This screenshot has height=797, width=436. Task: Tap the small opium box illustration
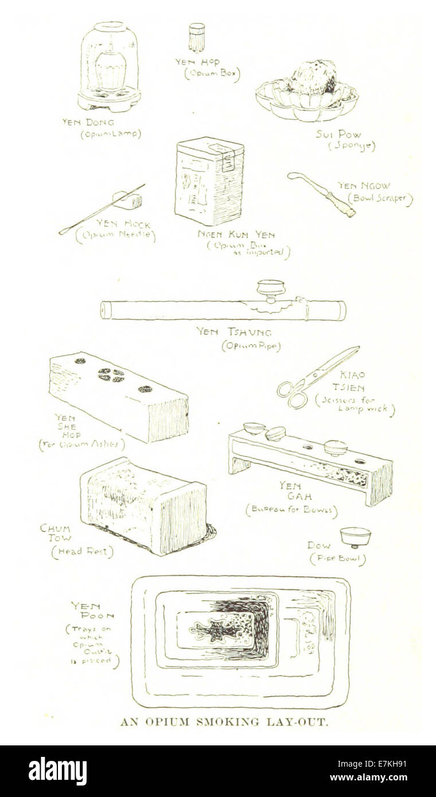pyautogui.click(x=197, y=37)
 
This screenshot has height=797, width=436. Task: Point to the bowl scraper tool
pyautogui.click(x=321, y=194)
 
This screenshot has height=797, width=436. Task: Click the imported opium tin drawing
pyautogui.click(x=209, y=181)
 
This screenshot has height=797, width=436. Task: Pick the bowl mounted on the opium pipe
pyautogui.click(x=271, y=288)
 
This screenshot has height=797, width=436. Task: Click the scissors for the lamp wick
pyautogui.click(x=317, y=378)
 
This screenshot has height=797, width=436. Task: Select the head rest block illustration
pyautogui.click(x=143, y=505)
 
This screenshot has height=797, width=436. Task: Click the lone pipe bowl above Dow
pyautogui.click(x=355, y=536)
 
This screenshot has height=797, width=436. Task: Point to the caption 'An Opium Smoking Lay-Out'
pyautogui.click(x=224, y=722)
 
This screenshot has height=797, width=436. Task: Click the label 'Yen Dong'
pyautogui.click(x=88, y=122)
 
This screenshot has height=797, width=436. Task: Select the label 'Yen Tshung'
pyautogui.click(x=233, y=332)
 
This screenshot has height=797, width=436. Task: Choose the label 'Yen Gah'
pyautogui.click(x=290, y=491)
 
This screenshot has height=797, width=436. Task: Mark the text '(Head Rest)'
pyautogui.click(x=82, y=552)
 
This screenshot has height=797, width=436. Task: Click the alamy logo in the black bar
pyautogui.click(x=57, y=771)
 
